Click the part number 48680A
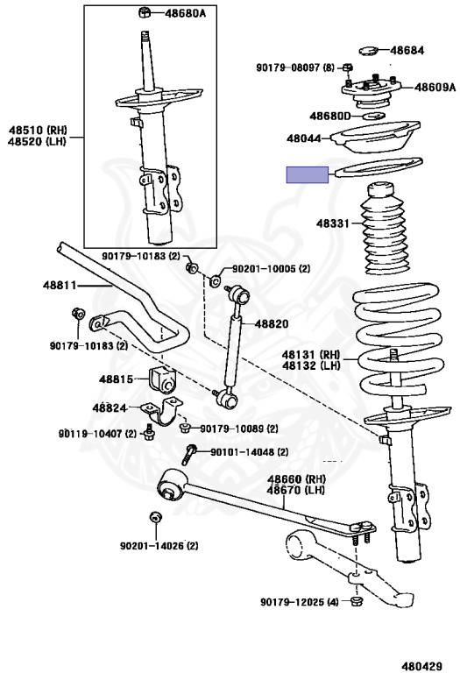pos(185,13)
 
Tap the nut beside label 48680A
pos(145,13)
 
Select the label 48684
pos(407,50)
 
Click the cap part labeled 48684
pos(368,51)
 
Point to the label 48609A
pos(435,88)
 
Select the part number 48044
pos(304,138)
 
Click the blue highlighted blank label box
pos(308,174)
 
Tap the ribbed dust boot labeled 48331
pos(386,229)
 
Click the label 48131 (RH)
pos(311,355)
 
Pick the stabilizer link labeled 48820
pos(233,345)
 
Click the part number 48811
pos(60,285)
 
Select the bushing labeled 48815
pos(163,379)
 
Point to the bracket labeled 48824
pos(163,412)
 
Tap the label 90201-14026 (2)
pos(159,546)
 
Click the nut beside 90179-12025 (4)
pos(356,601)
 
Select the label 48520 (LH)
pos(38,141)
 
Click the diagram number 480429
pos(421,666)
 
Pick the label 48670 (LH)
pos(296,490)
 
